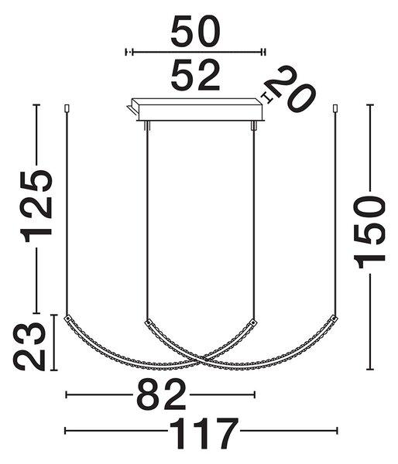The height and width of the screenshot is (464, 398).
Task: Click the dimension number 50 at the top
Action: pos(195,31)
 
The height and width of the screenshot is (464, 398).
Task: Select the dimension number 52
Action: pos(195,75)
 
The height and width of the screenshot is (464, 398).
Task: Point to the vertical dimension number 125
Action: pos(37,206)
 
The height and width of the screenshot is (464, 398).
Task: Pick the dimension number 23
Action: pos(29,346)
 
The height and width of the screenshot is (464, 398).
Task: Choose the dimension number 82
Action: pos(162,394)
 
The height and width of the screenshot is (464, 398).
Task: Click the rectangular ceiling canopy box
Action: pos(197,110)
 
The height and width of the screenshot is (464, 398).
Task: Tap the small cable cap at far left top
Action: pos(67,107)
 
